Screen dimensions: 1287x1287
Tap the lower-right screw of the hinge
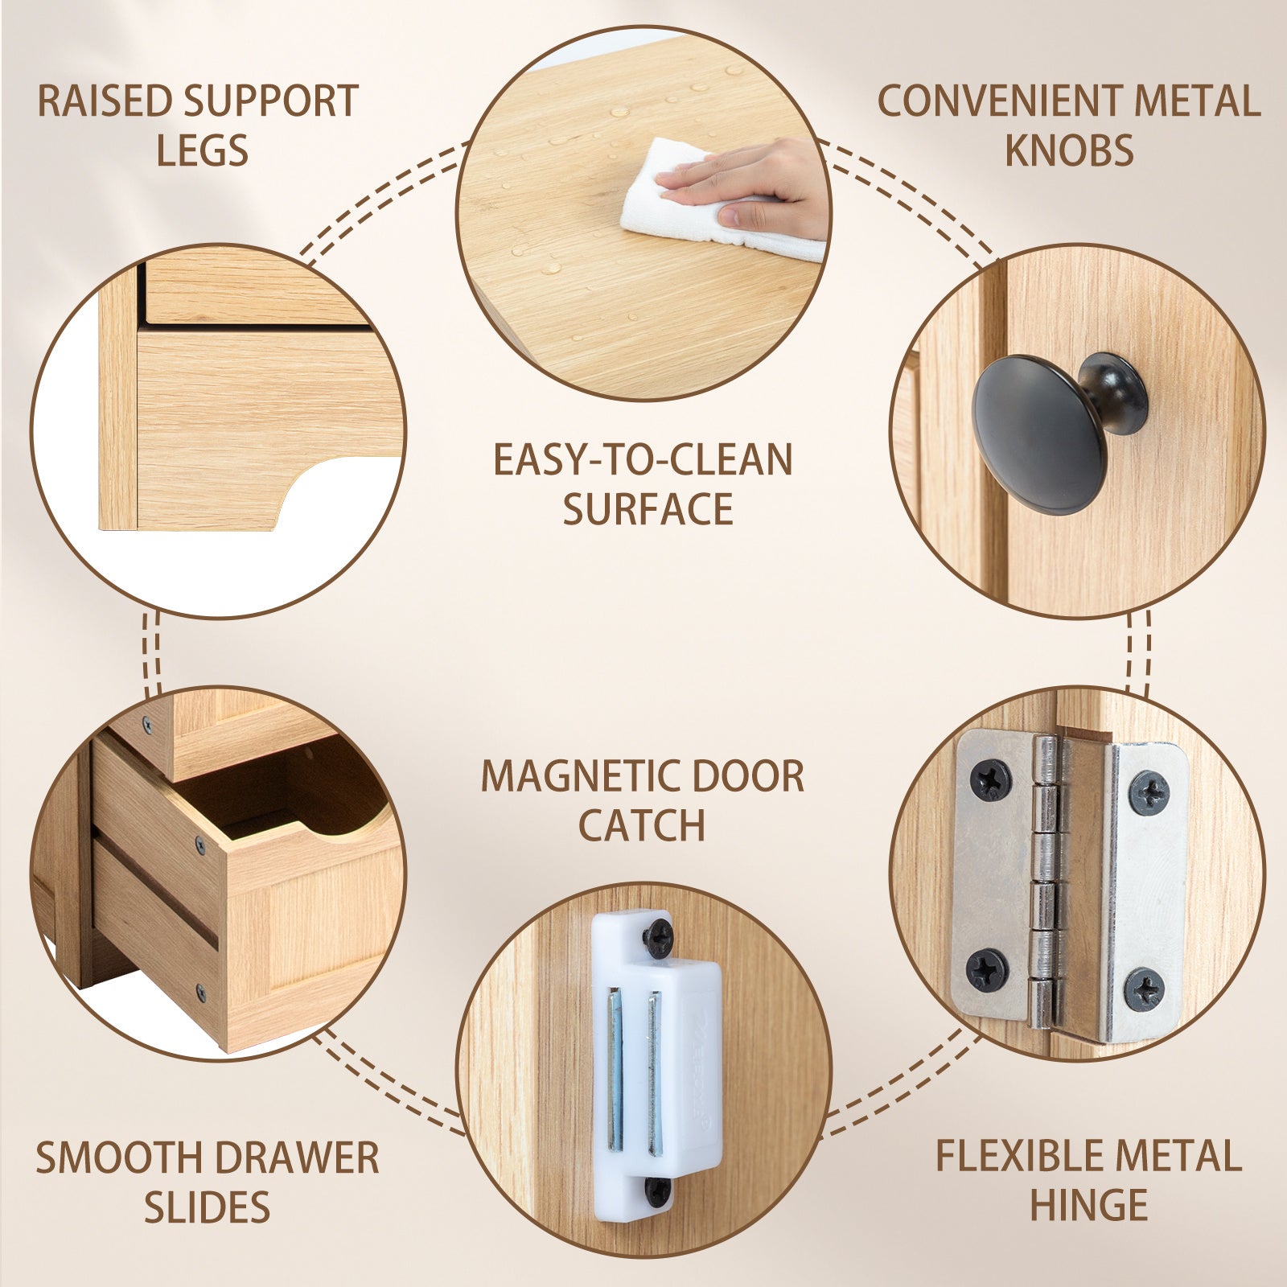1143,989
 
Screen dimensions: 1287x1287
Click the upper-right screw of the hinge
1149,792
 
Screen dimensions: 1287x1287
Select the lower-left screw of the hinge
987,970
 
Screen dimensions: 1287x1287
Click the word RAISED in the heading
105,101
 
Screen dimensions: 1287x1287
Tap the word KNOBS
1069,150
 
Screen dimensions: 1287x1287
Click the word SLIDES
207,1207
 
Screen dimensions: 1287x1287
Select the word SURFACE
648,509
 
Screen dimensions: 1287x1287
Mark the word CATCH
642,825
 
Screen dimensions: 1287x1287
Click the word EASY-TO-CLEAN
643,460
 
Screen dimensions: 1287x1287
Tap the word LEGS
203,150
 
